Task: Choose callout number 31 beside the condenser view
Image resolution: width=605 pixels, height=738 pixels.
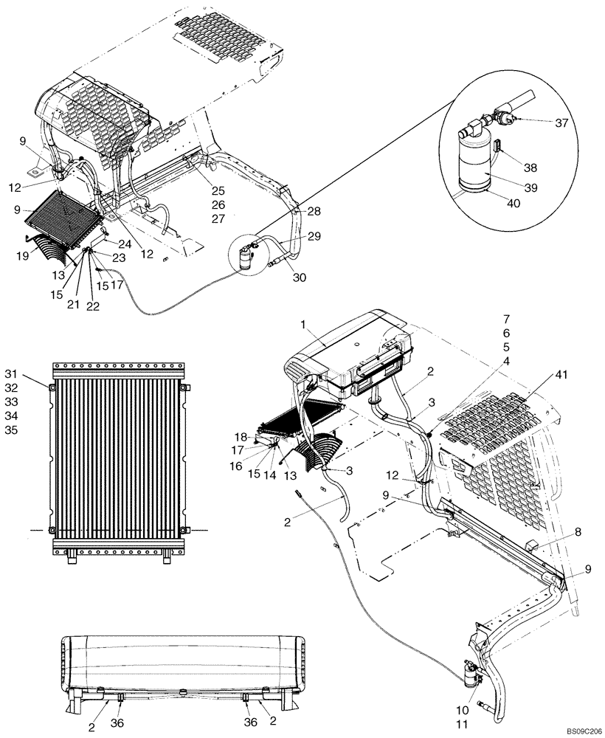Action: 31,370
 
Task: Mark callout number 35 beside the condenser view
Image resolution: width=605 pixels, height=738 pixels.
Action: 31,430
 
